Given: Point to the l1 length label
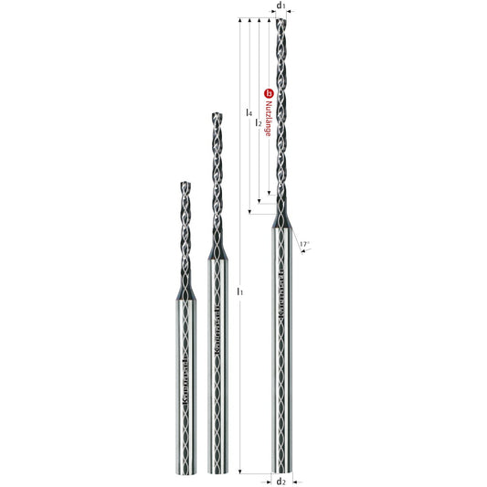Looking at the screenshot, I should (x=239, y=291).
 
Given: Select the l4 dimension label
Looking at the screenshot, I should (x=250, y=112).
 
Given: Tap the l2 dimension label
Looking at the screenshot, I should (x=259, y=122).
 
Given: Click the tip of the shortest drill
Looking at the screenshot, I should (x=182, y=182).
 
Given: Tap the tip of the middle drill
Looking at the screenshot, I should (x=217, y=115).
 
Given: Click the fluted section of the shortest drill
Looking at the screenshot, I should (x=182, y=233).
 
